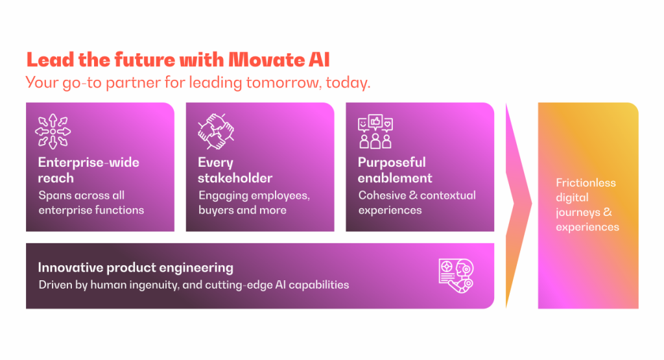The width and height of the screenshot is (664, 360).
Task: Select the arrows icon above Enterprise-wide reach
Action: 53,131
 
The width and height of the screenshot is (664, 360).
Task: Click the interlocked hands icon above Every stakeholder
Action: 214,132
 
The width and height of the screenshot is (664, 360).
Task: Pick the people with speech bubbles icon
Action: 375,132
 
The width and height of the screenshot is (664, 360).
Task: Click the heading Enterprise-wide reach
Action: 89,170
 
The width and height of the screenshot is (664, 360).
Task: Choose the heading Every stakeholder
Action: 235,170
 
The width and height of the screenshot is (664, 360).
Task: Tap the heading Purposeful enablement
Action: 395,170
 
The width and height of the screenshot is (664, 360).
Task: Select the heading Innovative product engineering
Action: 136,267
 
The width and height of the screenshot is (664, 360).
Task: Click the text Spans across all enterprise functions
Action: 91,202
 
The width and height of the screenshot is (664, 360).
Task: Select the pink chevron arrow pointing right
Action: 518,204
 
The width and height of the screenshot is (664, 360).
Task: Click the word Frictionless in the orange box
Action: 586,183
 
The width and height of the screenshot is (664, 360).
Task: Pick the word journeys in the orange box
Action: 579,213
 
